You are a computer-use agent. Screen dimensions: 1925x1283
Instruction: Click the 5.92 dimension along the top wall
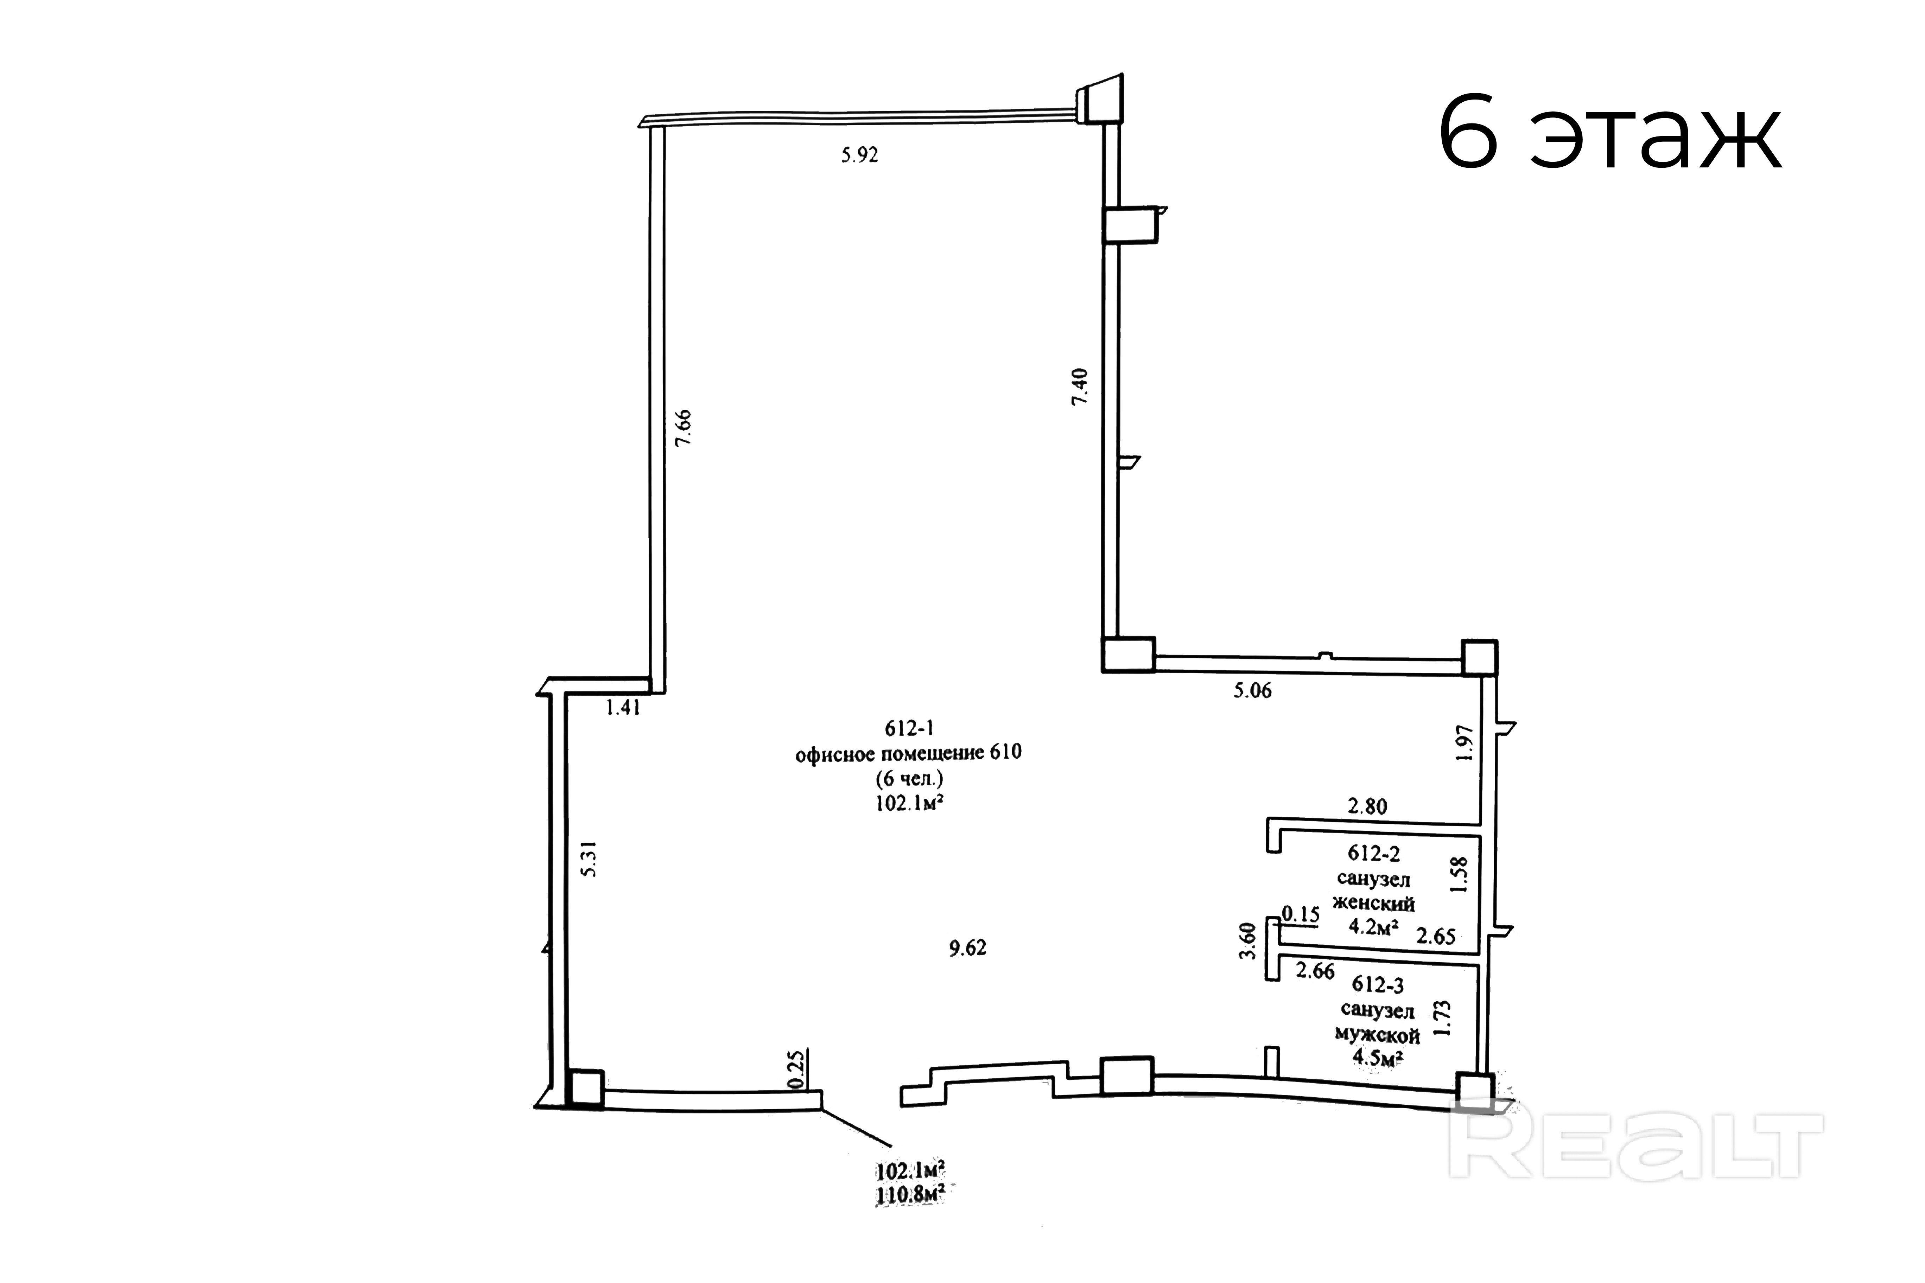859,155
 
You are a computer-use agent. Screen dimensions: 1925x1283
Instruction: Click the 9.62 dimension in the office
967,948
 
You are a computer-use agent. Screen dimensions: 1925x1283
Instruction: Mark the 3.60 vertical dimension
1247,942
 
